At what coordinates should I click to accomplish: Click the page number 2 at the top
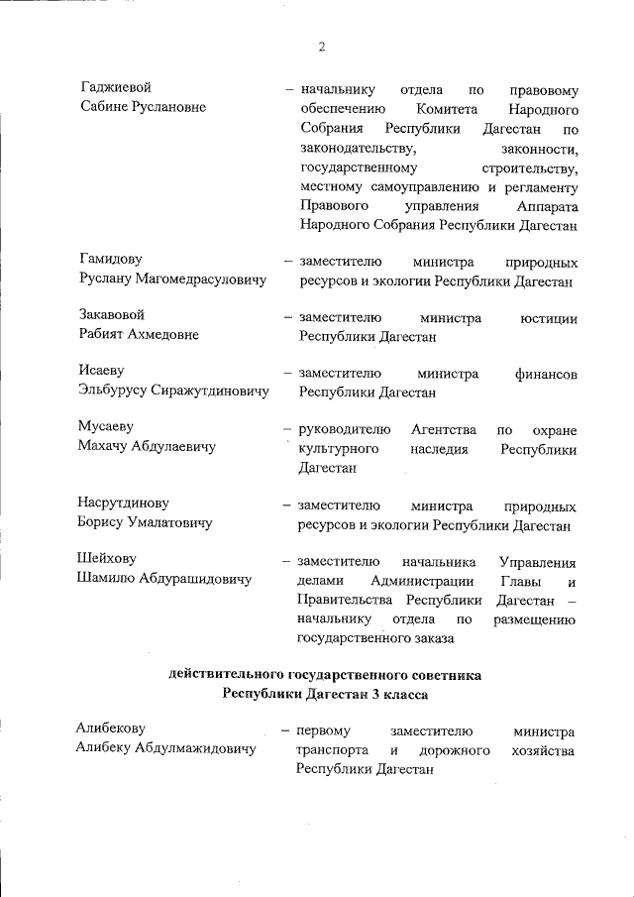click(322, 47)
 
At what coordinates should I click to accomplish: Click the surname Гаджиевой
click(115, 88)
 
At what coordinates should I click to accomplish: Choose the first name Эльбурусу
click(112, 392)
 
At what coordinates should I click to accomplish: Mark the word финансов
click(547, 374)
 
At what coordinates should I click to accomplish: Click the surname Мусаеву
click(105, 428)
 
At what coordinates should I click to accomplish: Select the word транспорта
click(333, 751)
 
